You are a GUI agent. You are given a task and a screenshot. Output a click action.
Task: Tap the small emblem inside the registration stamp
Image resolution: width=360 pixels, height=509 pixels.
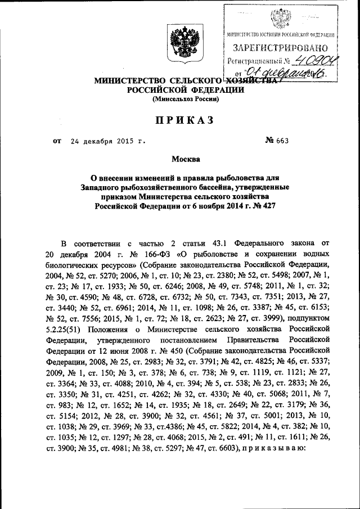pyautogui.click(x=280, y=20)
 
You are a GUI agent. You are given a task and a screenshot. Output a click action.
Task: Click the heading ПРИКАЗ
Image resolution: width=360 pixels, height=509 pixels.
pyautogui.click(x=180, y=120)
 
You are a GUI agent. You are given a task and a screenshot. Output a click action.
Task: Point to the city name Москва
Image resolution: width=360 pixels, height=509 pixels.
pyautogui.click(x=180, y=160)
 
